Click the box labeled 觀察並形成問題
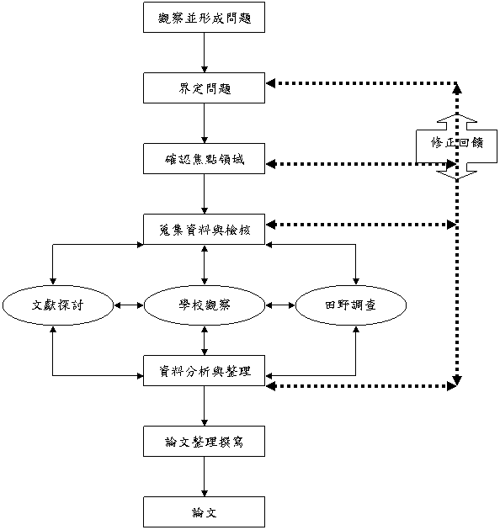tap(204, 17)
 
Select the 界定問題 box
tap(204, 87)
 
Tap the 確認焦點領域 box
tap(204, 158)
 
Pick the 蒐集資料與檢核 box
tap(204, 229)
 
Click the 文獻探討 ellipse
tap(58, 305)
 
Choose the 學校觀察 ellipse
tap(204, 305)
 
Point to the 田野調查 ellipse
tap(351, 305)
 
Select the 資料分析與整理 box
tap(204, 370)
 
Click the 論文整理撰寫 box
tap(204, 441)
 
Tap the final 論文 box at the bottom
tap(204, 511)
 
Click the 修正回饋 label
tap(457, 143)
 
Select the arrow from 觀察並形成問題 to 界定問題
tap(204, 53)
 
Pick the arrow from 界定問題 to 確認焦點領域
tap(204, 124)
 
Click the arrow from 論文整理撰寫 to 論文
tap(204, 477)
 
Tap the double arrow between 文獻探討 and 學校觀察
tap(129, 305)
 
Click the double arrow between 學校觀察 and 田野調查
tap(280, 305)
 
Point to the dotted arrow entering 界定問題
tap(361, 82)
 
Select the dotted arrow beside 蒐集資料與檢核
tap(361, 224)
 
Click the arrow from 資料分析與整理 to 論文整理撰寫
tap(204, 406)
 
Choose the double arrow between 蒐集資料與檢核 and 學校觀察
tap(204, 265)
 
